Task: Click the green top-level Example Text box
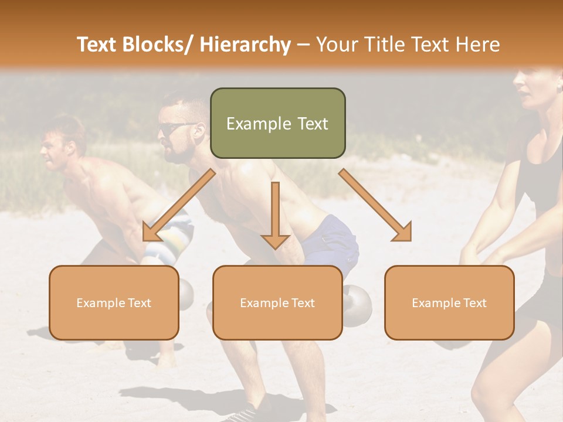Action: pyautogui.click(x=277, y=123)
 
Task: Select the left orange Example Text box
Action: pyautogui.click(x=114, y=302)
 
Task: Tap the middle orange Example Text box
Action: pyautogui.click(x=277, y=302)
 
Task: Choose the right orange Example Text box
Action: pyautogui.click(x=449, y=302)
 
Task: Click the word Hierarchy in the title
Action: pyautogui.click(x=245, y=45)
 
